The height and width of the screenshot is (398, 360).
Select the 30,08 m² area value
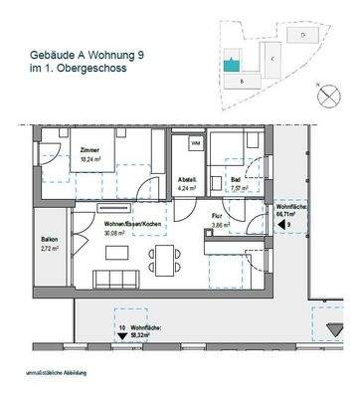coord(116,236)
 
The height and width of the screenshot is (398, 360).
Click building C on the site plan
coord(271,60)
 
